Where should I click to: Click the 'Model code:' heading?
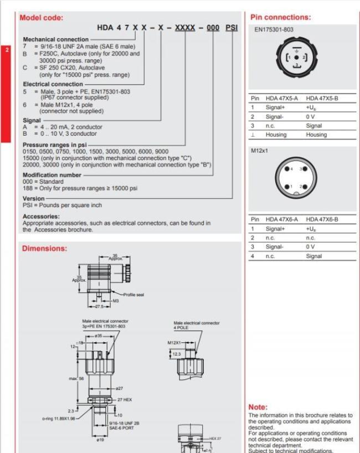[x=42, y=17]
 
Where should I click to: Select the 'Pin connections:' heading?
[x=280, y=17]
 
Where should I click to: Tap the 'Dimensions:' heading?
[x=44, y=249]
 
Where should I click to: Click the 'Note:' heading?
[x=258, y=407]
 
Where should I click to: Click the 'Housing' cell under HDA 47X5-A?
[x=276, y=135]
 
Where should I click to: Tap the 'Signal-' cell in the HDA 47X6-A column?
[x=275, y=247]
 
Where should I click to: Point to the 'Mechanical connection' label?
[x=55, y=39]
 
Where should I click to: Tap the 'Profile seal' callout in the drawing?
[x=133, y=295]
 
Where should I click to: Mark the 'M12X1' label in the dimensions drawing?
[x=174, y=343]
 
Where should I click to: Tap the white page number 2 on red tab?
[x=7, y=49]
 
